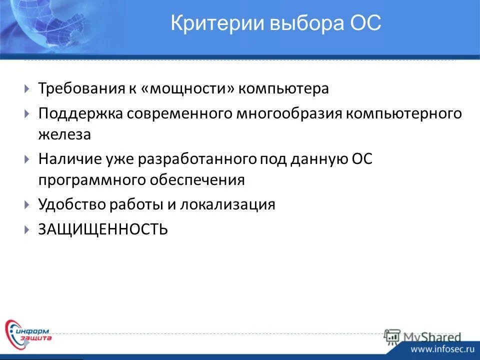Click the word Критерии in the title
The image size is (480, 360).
pyautogui.click(x=208, y=23)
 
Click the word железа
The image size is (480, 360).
pyautogui.click(x=65, y=134)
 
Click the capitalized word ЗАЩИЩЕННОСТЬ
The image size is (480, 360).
pyautogui.click(x=103, y=229)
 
